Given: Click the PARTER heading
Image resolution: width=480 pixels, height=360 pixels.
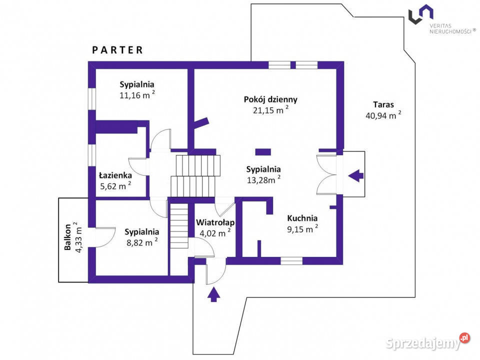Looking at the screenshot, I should pyautogui.click(x=117, y=50).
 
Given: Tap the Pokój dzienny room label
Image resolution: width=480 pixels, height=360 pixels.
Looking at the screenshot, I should pyautogui.click(x=271, y=99).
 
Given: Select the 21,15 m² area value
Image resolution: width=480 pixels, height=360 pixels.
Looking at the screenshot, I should pyautogui.click(x=270, y=110).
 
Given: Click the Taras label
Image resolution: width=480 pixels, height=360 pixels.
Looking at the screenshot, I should pyautogui.click(x=383, y=105).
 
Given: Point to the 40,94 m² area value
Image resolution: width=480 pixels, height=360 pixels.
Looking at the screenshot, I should pyautogui.click(x=383, y=116).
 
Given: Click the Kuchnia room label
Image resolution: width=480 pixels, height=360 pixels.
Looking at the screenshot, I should pyautogui.click(x=302, y=218).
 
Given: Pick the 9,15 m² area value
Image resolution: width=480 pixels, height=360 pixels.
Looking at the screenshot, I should pyautogui.click(x=302, y=229).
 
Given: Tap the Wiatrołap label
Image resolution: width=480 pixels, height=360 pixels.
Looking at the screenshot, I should pyautogui.click(x=215, y=221).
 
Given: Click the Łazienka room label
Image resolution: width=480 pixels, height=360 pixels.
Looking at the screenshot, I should pyautogui.click(x=115, y=175).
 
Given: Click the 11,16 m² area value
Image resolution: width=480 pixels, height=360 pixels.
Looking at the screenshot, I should pyautogui.click(x=136, y=95).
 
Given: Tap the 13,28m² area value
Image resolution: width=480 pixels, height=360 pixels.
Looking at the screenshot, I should pyautogui.click(x=263, y=180).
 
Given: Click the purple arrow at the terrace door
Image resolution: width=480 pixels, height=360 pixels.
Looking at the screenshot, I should pyautogui.click(x=355, y=175).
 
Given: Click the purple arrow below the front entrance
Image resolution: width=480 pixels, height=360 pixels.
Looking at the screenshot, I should pyautogui.click(x=213, y=294).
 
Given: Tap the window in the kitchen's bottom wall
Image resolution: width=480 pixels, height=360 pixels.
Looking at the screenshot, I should pyautogui.click(x=291, y=260).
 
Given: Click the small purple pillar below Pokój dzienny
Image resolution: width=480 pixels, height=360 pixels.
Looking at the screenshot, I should pyautogui.click(x=262, y=151).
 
